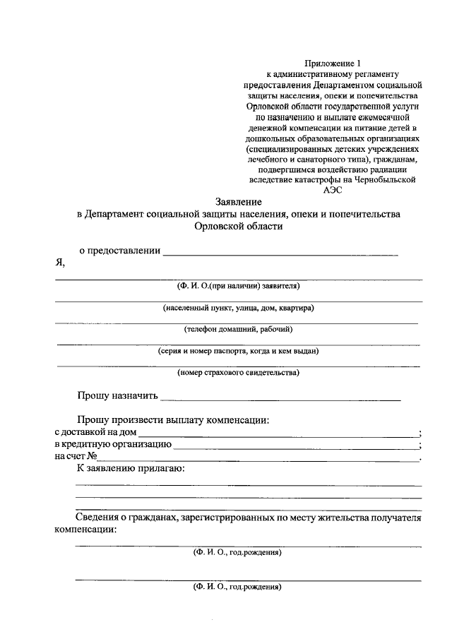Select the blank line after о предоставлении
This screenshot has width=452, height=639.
(280, 253)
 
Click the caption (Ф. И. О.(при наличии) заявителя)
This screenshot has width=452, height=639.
(239, 286)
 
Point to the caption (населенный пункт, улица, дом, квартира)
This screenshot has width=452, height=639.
(239, 308)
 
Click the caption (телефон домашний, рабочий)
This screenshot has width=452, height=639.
(239, 329)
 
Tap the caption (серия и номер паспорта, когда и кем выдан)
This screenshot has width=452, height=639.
(239, 350)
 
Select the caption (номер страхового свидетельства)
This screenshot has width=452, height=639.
(239, 372)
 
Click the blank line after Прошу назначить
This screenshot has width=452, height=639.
(280, 399)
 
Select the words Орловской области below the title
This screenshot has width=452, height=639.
(239, 227)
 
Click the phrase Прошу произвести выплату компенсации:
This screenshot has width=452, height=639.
(173, 420)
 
